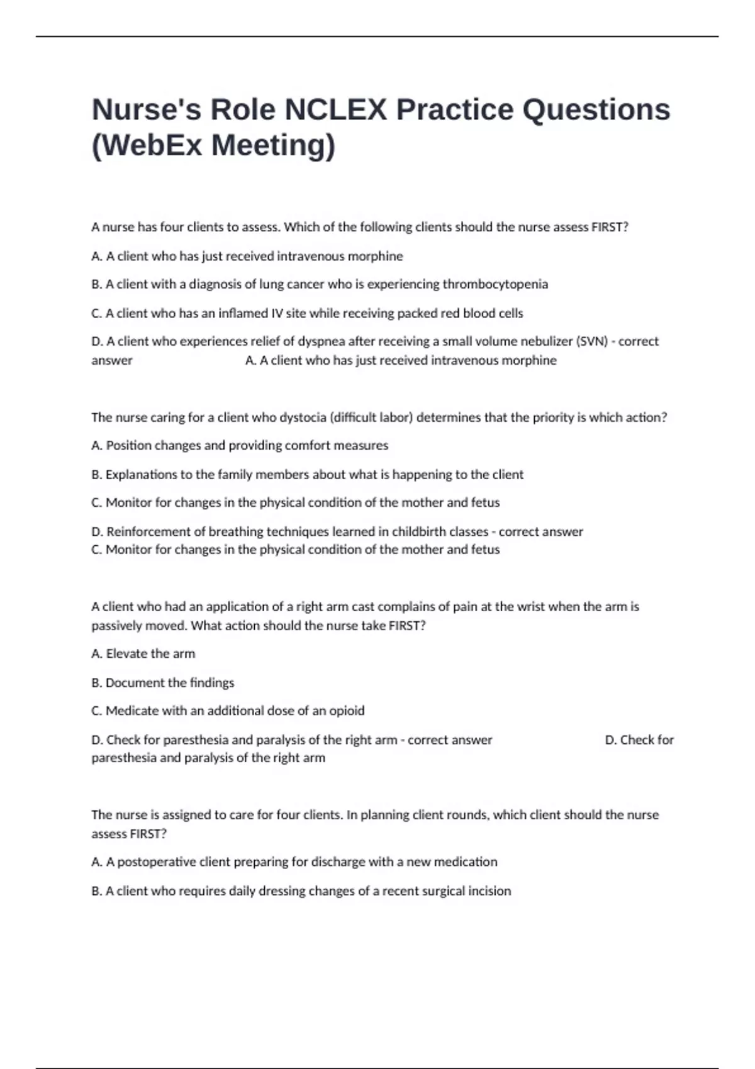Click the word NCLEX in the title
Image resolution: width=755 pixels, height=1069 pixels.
click(x=335, y=110)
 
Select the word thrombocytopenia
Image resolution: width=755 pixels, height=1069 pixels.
click(x=495, y=284)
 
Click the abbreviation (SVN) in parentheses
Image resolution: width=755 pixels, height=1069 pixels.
click(x=591, y=341)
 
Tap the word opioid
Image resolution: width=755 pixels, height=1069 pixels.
click(x=347, y=711)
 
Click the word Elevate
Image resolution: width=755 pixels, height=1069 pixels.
click(x=126, y=654)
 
